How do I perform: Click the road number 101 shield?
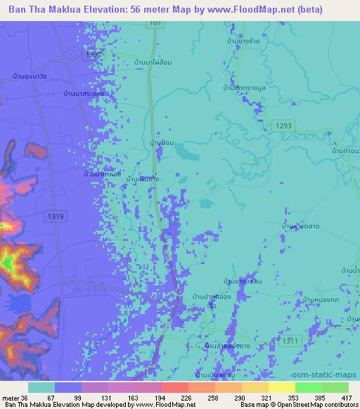click(x=155, y=24)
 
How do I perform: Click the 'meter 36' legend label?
click(x=14, y=397)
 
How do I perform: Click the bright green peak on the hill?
click(x=9, y=264)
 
